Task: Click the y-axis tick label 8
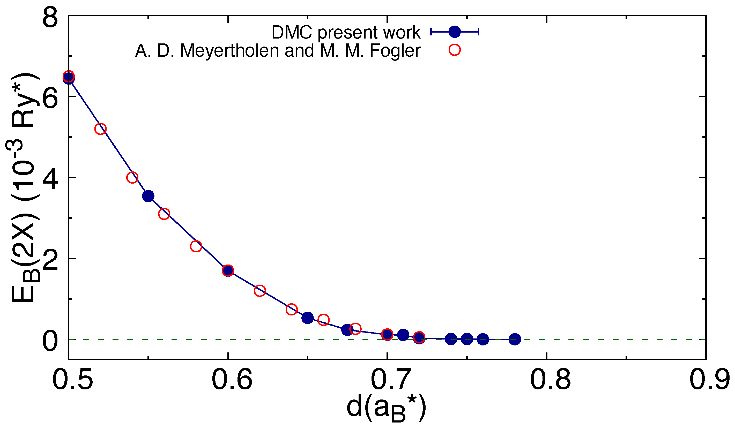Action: point(50,18)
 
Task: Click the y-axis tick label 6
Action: point(50,99)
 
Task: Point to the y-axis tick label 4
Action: point(50,180)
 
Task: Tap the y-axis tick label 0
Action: point(50,341)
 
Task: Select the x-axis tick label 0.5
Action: point(73,380)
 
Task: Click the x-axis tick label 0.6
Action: point(232,380)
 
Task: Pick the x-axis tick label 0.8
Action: point(550,380)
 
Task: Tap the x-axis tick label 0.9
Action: point(709,380)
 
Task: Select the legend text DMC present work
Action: point(346,32)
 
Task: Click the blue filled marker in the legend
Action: point(454,32)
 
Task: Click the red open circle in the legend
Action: point(454,50)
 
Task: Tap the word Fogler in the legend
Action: point(395,51)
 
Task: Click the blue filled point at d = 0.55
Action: point(148,196)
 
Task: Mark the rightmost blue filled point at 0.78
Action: point(515,339)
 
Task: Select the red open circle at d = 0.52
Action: point(100,129)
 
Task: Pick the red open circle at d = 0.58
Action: point(196,246)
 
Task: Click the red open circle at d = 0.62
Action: point(259,291)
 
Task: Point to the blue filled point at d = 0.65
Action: point(307,318)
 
